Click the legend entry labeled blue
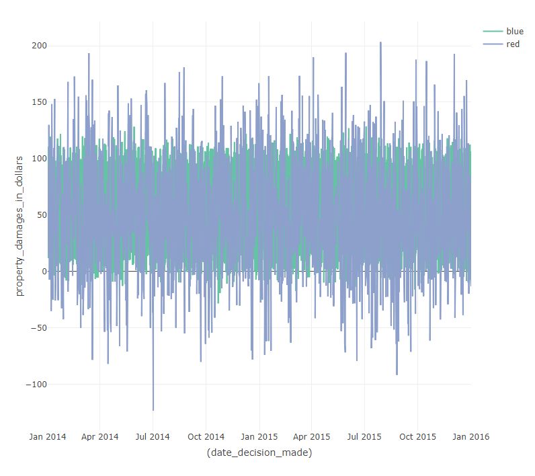(515, 32)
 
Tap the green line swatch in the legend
(493, 32)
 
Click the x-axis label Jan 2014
(48, 436)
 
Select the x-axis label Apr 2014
(99, 436)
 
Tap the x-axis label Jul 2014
(153, 436)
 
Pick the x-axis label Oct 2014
(206, 436)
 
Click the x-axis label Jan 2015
(259, 436)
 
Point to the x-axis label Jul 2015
(364, 436)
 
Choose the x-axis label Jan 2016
(470, 436)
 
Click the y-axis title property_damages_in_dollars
(20, 225)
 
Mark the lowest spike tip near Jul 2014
(153, 410)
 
